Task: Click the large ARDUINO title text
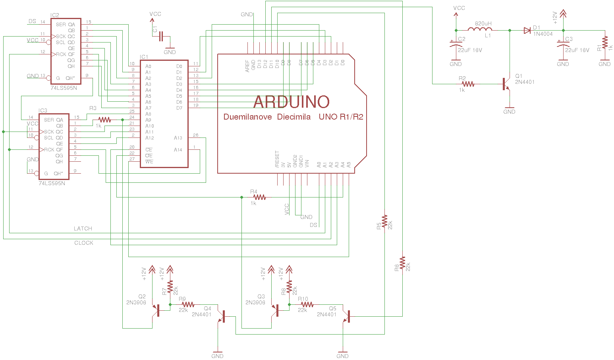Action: coord(291,102)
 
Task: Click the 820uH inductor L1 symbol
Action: coord(480,30)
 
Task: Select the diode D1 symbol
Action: coord(527,30)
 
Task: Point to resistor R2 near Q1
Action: coord(468,84)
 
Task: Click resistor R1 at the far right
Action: coord(604,43)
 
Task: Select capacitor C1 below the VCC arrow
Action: coord(161,37)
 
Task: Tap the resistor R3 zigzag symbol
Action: coord(104,120)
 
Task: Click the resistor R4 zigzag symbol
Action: coord(259,197)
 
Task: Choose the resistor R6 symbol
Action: coord(402,263)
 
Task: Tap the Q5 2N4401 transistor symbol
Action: coord(346,316)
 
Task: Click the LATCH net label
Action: coord(83,228)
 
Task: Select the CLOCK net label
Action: coord(83,243)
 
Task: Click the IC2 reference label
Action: coord(54,15)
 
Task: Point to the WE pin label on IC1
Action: coord(149,162)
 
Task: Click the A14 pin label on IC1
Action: coord(178,150)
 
